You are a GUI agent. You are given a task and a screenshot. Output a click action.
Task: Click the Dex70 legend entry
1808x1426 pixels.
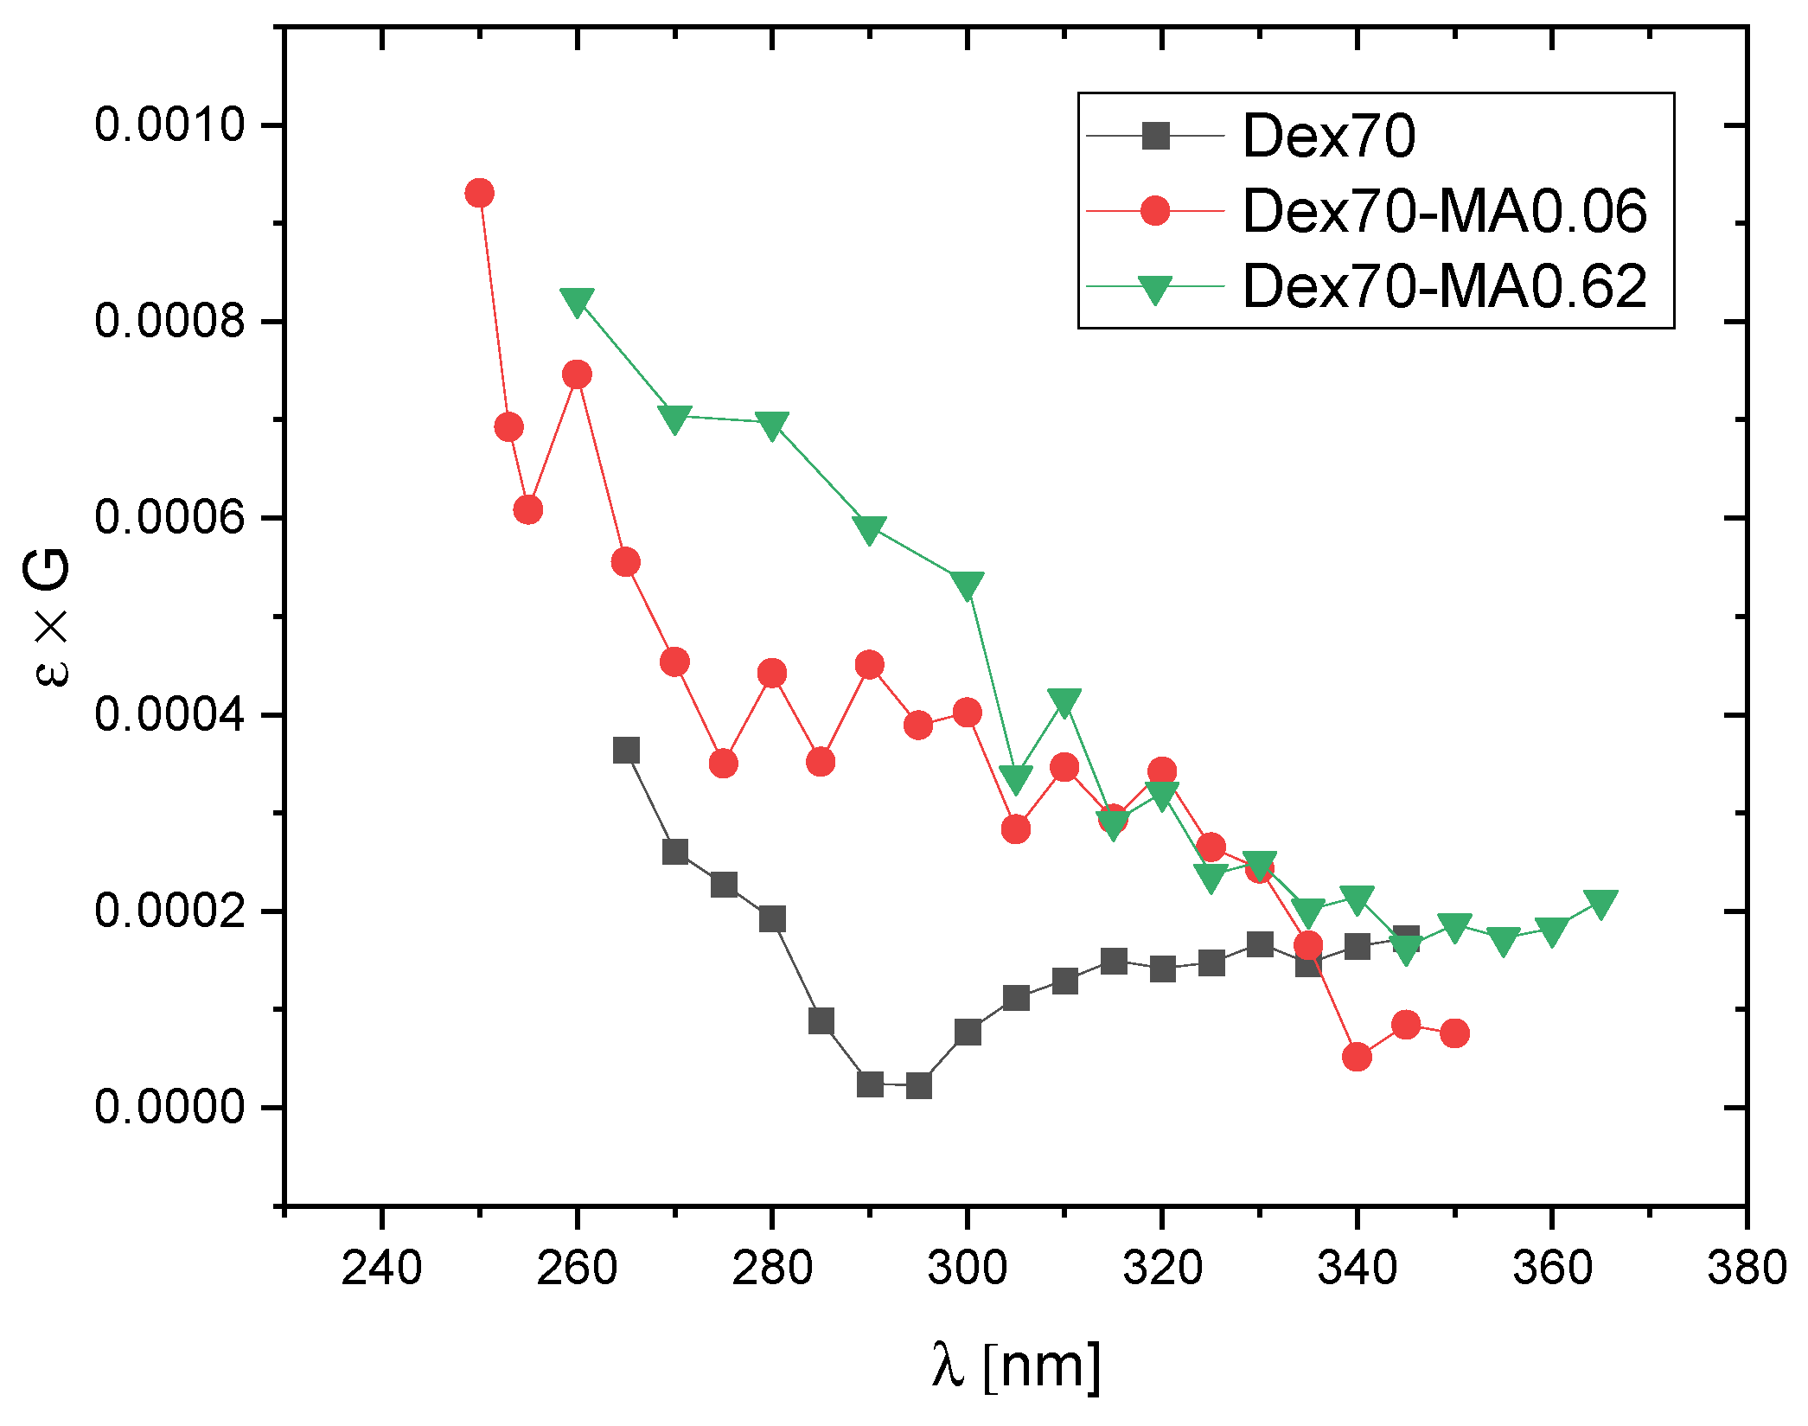(x=1328, y=137)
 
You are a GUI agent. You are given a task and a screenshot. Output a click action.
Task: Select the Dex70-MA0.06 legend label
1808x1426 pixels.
(x=1444, y=211)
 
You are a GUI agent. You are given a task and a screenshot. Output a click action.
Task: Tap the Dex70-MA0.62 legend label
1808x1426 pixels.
(x=1444, y=286)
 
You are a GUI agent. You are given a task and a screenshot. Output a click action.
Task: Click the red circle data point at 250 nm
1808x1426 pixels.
(x=479, y=193)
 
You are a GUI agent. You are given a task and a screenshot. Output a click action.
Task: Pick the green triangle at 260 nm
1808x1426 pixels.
(x=577, y=301)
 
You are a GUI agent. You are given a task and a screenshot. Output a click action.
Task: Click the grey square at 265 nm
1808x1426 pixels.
(x=626, y=750)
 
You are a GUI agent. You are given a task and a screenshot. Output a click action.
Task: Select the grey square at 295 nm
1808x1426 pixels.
(x=919, y=1085)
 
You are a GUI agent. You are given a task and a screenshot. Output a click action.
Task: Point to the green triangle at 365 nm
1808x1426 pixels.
(x=1601, y=904)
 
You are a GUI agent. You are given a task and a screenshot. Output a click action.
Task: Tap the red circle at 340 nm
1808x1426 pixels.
(x=1358, y=1057)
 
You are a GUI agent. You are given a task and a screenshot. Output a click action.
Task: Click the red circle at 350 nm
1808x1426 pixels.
(x=1455, y=1033)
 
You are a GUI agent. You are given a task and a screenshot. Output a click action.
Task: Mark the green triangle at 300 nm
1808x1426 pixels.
(x=967, y=585)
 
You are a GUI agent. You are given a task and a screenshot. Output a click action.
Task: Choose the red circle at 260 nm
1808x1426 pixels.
(x=577, y=374)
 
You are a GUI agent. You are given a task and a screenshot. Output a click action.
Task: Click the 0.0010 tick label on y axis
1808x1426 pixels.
(x=170, y=125)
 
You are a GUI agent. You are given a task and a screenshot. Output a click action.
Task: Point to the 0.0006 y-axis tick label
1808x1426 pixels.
(x=170, y=517)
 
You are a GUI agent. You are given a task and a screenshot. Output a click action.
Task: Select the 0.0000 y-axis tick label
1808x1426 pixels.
(x=170, y=1107)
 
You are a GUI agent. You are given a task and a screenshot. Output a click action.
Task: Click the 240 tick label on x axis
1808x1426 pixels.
(x=381, y=1269)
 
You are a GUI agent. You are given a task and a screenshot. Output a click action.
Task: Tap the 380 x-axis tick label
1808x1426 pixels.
(x=1747, y=1269)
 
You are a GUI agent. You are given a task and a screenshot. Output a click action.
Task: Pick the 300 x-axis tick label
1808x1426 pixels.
(x=967, y=1269)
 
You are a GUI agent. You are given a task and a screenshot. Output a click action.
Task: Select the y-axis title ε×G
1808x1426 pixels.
(x=52, y=618)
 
